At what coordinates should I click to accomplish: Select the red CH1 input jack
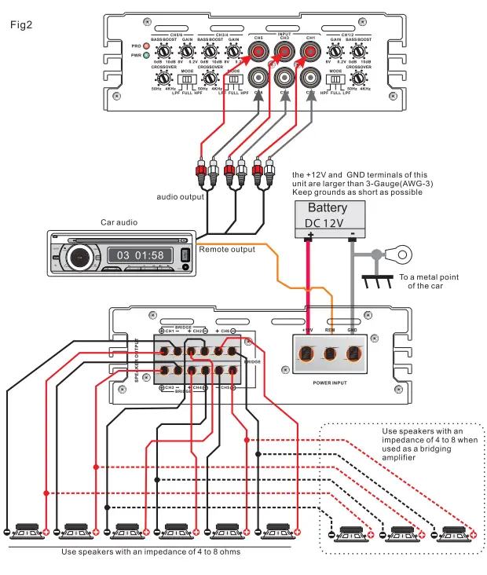pos(310,53)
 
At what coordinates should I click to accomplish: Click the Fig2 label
pos(20,24)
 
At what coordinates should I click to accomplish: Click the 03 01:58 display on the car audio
pos(141,255)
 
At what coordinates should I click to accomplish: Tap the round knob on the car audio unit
pos(79,256)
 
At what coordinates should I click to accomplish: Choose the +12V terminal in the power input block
pos(307,353)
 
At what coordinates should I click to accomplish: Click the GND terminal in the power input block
pos(355,353)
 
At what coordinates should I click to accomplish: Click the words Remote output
pos(227,249)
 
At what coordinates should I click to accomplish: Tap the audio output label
pos(181,196)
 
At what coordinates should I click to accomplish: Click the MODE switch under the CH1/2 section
pos(336,79)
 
